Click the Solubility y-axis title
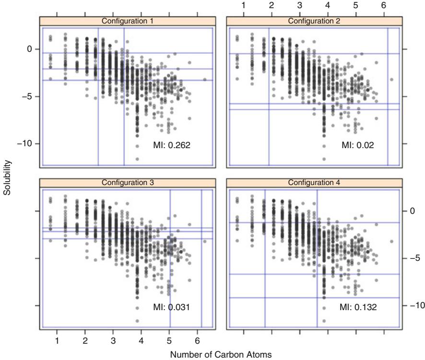6,177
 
